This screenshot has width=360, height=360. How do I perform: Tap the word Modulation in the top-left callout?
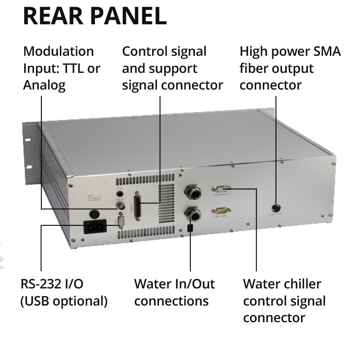click(x=58, y=51)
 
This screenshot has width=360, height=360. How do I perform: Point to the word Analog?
click(x=44, y=85)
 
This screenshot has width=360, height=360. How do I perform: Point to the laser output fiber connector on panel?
click(x=275, y=208)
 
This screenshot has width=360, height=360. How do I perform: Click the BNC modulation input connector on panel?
click(x=120, y=206)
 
